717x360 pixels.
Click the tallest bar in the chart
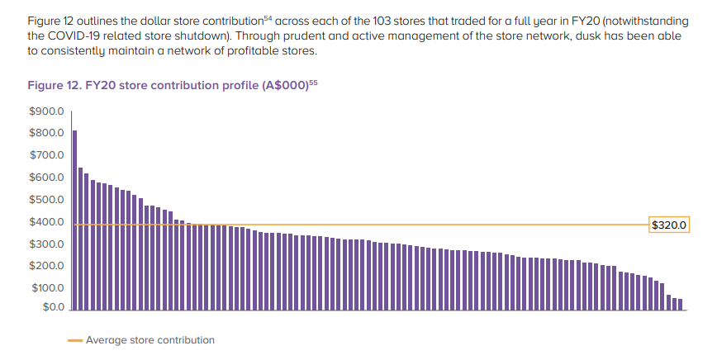click(x=74, y=220)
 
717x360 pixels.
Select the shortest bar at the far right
click(x=680, y=304)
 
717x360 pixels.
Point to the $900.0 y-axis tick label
click(x=46, y=111)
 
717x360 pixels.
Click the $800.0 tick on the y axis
click(x=46, y=134)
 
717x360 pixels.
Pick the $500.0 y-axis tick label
click(x=46, y=201)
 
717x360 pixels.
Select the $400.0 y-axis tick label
click(x=46, y=223)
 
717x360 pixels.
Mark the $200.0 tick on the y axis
click(x=46, y=267)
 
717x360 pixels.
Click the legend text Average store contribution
click(x=150, y=340)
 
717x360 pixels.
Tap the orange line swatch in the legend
click(x=74, y=340)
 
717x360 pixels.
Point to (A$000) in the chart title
click(x=284, y=86)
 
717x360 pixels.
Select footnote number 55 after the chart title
click(x=313, y=82)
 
